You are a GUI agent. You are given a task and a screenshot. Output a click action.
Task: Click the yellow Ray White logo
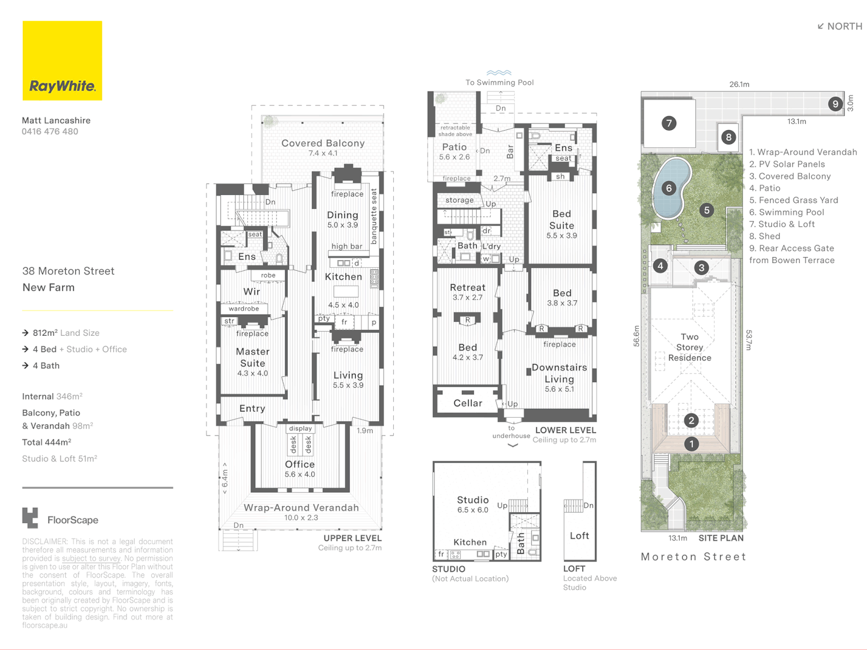[x=62, y=61]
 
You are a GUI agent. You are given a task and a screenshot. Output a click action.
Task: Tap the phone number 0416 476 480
[x=50, y=132]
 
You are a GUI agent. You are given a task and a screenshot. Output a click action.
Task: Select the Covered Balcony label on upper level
[x=323, y=143]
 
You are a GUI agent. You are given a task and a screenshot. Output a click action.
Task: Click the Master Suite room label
[x=252, y=357]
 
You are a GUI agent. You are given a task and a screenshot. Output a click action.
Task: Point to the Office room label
[x=300, y=465]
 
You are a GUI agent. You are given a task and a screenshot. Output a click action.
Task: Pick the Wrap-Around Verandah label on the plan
[x=301, y=508]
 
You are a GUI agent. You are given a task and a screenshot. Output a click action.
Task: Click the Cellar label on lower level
[x=468, y=403]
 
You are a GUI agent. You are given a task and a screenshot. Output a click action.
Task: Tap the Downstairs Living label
[x=559, y=373]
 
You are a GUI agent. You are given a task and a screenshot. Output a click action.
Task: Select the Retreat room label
[x=467, y=288]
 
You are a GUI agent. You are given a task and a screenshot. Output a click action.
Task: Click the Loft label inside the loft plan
[x=579, y=536]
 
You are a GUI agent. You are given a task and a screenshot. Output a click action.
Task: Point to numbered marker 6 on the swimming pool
[x=669, y=188]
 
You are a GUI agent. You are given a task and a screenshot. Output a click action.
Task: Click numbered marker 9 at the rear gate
[x=835, y=104]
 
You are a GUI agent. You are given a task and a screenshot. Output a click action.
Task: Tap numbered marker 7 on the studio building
[x=669, y=123]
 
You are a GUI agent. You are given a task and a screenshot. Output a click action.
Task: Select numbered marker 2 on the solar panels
[x=691, y=421]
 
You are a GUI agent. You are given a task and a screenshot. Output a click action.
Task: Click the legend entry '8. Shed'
[x=765, y=237]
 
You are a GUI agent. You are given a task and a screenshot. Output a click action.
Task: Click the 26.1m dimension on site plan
[x=739, y=84]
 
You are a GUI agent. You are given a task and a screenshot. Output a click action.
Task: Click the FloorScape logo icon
[x=30, y=518]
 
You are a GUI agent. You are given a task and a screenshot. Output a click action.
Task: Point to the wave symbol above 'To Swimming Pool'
[x=499, y=73]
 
